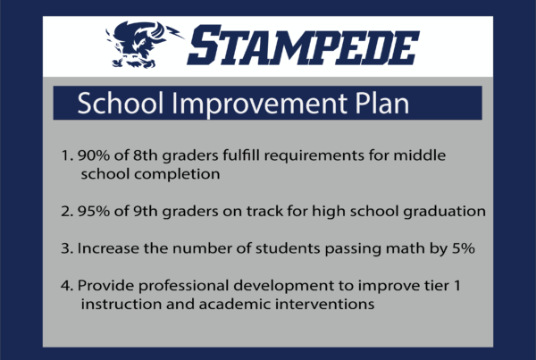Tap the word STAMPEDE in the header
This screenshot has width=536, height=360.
[x=303, y=46]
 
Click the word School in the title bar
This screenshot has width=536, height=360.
[x=121, y=103]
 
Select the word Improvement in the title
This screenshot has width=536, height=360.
[x=260, y=104]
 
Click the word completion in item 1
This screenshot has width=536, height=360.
[x=177, y=174]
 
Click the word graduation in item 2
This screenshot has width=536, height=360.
[x=444, y=212]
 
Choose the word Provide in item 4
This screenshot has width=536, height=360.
[x=105, y=286]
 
